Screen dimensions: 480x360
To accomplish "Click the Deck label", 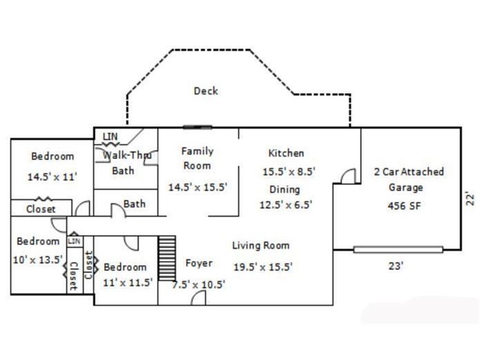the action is [206, 91].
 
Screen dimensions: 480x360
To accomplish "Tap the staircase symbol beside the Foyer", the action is [167, 258].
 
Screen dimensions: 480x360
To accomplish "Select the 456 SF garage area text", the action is [405, 206].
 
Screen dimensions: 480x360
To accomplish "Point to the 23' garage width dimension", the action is [396, 266].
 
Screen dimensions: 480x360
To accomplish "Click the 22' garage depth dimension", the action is [470, 199].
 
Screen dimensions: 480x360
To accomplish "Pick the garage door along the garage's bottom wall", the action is [398, 249].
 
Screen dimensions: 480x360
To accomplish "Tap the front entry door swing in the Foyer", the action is [198, 298].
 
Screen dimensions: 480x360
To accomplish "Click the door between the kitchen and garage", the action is [348, 176].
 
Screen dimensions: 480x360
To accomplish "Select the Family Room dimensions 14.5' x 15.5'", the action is [198, 187].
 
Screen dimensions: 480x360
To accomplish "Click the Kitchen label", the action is [286, 153].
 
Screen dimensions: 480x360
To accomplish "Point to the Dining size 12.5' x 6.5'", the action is [285, 204].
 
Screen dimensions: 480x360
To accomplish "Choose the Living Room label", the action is [261, 246].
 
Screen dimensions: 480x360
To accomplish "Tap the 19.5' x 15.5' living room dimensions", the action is [263, 267].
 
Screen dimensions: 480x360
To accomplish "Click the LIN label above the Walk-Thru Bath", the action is [110, 136].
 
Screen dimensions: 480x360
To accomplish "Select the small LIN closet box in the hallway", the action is [75, 241].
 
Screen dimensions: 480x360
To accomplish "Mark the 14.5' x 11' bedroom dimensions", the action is [52, 177].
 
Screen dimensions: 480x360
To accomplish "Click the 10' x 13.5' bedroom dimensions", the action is [38, 260].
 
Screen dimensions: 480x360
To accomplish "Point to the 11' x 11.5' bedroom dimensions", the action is [127, 282].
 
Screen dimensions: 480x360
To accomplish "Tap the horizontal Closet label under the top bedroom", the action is [41, 209].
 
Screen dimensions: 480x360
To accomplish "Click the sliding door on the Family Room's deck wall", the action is [197, 127].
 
